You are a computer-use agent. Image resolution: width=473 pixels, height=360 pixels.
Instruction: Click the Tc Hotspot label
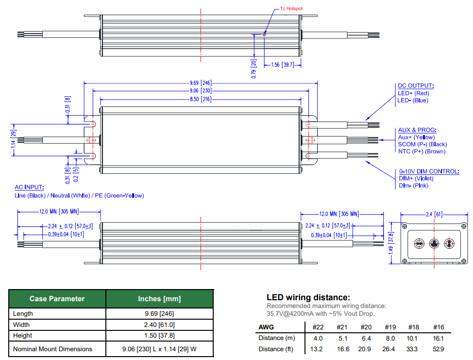pyautogui.click(x=291, y=9)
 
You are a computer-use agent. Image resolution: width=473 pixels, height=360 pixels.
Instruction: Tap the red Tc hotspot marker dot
pyautogui.click(x=264, y=34)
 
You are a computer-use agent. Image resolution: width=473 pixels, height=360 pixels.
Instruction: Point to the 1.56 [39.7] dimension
pyautogui.click(x=282, y=65)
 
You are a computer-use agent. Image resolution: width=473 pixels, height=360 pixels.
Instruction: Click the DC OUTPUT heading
pyautogui.click(x=416, y=86)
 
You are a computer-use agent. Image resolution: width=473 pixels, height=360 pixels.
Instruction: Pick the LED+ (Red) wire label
pyautogui.click(x=413, y=93)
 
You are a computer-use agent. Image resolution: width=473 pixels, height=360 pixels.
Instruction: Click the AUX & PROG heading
pyautogui.click(x=417, y=130)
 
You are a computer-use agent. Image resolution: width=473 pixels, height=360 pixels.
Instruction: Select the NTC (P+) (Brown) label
pyautogui.click(x=422, y=152)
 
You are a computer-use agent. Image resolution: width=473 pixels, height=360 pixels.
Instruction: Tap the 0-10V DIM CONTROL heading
pyautogui.click(x=429, y=171)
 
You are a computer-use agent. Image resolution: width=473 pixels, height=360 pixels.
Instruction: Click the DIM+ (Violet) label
pyautogui.click(x=416, y=178)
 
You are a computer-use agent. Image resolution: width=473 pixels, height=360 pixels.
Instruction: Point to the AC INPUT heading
pyautogui.click(x=29, y=187)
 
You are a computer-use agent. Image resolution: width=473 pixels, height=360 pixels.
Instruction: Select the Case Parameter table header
pyautogui.click(x=57, y=299)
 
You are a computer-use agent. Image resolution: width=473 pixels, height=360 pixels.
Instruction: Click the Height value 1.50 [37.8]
pyautogui.click(x=159, y=335)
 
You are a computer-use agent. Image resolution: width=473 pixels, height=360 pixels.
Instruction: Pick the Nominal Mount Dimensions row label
pyautogui.click(x=52, y=349)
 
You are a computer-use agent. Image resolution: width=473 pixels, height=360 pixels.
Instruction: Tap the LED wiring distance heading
pyautogui.click(x=308, y=297)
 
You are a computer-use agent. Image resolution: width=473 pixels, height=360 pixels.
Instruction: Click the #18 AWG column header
pyautogui.click(x=413, y=327)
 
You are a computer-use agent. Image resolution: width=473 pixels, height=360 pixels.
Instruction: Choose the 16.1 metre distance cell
pyautogui.click(x=438, y=338)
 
